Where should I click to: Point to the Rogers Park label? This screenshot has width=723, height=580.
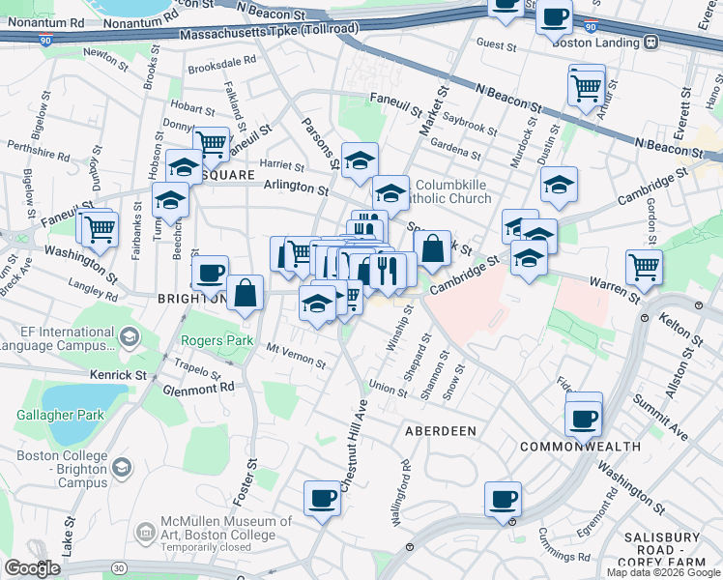(x=217, y=340)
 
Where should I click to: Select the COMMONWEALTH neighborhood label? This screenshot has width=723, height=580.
(x=580, y=447)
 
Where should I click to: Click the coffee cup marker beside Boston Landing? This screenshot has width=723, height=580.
(x=554, y=17)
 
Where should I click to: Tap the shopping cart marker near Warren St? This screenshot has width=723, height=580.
(x=644, y=266)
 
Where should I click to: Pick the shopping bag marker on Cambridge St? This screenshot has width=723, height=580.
(x=434, y=248)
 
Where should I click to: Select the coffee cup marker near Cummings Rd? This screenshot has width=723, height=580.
(x=503, y=500)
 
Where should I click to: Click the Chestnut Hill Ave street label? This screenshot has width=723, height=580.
(x=352, y=444)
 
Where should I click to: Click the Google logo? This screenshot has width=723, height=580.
(x=32, y=568)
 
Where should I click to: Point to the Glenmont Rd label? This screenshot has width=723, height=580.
(x=199, y=387)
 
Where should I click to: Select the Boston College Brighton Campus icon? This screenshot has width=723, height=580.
(x=122, y=469)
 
